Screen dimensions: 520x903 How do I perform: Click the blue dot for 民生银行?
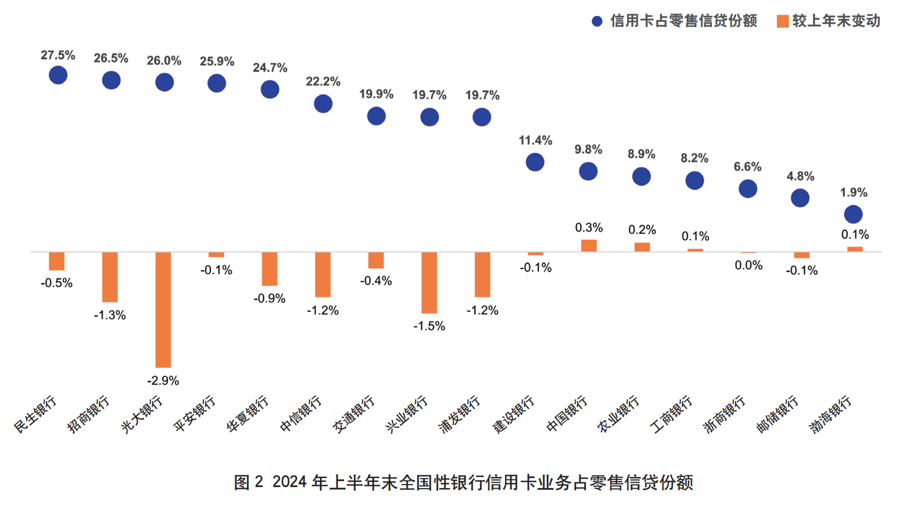pos(58,75)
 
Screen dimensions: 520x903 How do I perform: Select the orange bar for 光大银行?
pos(163,310)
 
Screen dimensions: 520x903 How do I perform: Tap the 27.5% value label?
pos(58,55)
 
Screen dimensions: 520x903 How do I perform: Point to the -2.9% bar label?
pos(163,381)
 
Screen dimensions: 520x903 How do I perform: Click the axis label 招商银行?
pos(89,414)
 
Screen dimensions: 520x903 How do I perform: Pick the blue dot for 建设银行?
pos(535,162)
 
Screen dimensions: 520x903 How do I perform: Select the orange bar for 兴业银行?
pos(429,282)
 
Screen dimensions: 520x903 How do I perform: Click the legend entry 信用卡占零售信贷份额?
pos(683,21)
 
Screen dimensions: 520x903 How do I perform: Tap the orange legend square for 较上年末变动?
pos(783,21)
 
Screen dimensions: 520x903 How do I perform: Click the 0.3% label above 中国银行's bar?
pos(589,228)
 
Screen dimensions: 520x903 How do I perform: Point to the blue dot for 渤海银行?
pos(853,214)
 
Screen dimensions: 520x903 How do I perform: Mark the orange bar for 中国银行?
pos(589,246)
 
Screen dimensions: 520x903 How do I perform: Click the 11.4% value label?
pos(535,140)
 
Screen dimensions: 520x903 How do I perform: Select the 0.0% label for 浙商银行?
pos(749,265)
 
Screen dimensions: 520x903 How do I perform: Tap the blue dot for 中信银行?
pos(323,104)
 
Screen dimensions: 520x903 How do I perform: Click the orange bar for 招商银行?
pos(110,277)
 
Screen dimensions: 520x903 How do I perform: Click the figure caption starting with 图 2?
pos(463,482)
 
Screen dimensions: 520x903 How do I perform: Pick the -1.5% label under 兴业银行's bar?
pos(429,326)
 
